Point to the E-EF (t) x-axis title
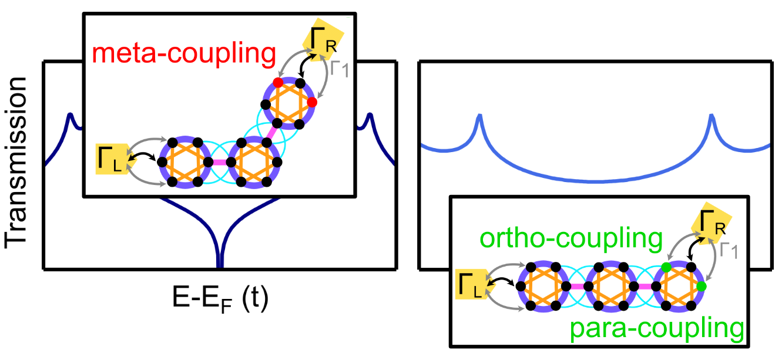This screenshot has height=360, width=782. (219, 300)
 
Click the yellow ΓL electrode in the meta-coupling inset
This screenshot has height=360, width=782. (112, 159)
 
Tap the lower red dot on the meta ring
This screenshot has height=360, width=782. (312, 102)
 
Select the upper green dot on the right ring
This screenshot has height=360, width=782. (666, 267)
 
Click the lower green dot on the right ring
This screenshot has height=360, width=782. (701, 287)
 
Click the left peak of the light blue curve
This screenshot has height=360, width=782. (479, 116)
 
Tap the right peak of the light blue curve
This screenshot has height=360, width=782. (712, 116)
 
